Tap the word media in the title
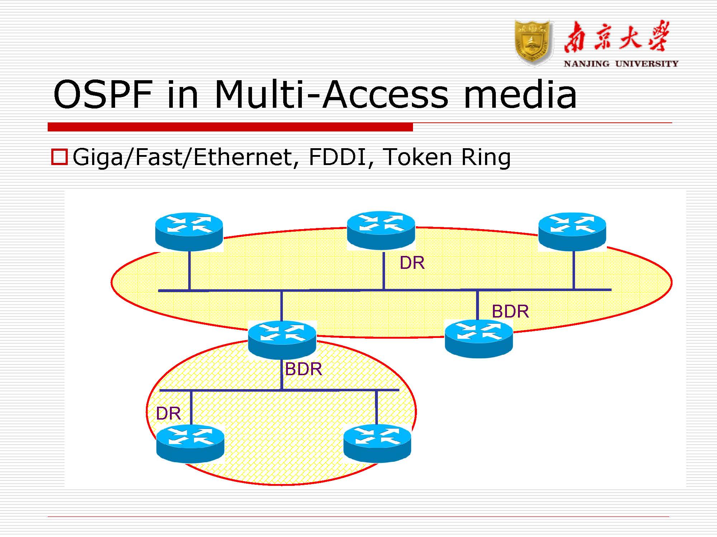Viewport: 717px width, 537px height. point(520,95)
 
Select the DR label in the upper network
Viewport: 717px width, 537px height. point(412,263)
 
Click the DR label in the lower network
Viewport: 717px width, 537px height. point(168,414)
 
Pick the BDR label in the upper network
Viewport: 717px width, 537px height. point(510,311)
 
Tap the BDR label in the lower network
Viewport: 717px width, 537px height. point(303,369)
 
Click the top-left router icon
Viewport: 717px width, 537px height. point(189,231)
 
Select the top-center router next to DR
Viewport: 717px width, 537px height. point(381,230)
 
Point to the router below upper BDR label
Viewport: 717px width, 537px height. point(479,338)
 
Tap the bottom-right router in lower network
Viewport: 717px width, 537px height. point(377,443)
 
